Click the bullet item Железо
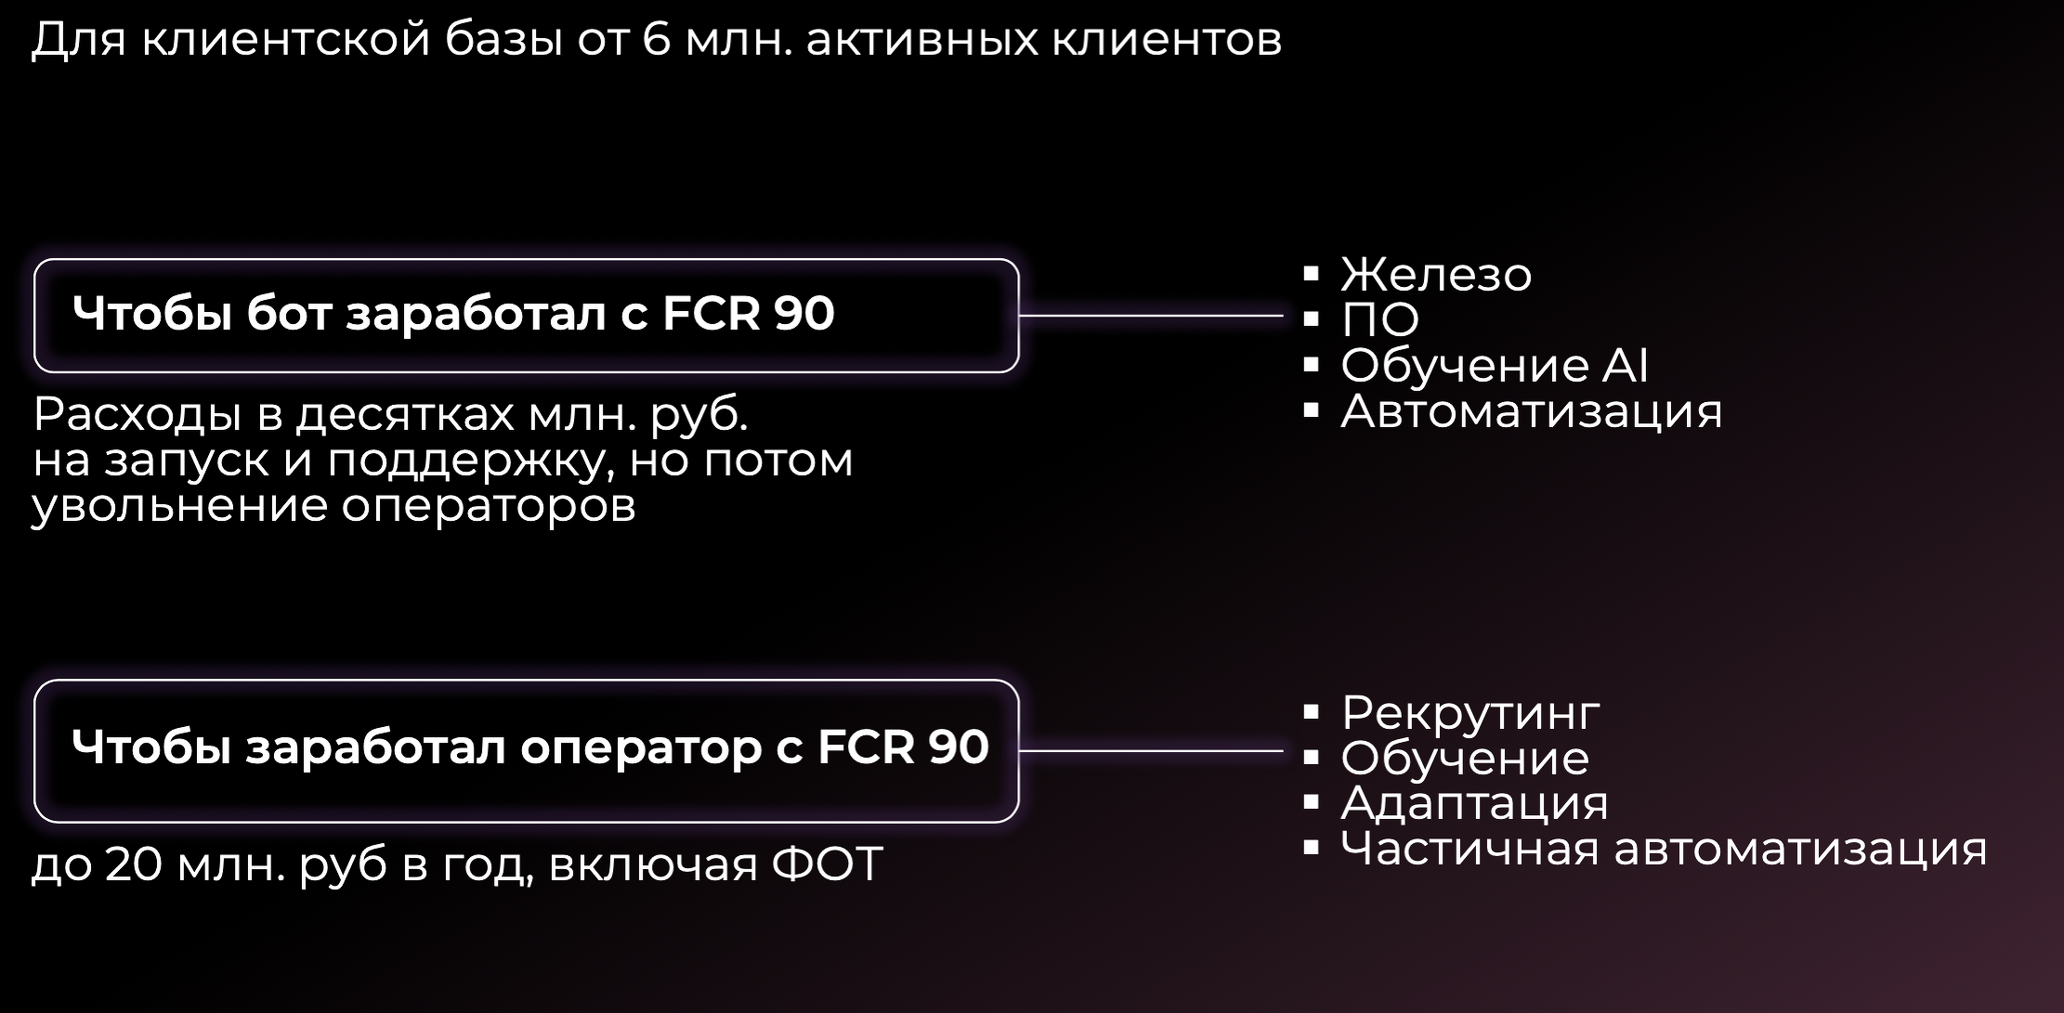click(x=1436, y=274)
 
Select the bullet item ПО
click(x=1380, y=319)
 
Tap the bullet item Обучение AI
click(x=1495, y=365)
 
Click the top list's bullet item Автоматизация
click(x=1532, y=410)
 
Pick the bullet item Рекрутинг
click(x=1470, y=713)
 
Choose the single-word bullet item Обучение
click(x=1465, y=758)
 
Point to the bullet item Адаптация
click(x=1474, y=803)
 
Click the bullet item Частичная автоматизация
click(x=1664, y=848)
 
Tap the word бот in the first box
click(x=289, y=313)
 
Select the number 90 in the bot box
click(x=804, y=314)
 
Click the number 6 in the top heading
click(x=656, y=40)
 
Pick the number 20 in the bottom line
click(x=135, y=864)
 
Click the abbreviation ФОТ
click(x=827, y=864)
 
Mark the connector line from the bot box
click(x=1151, y=316)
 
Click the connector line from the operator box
click(x=1151, y=750)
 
